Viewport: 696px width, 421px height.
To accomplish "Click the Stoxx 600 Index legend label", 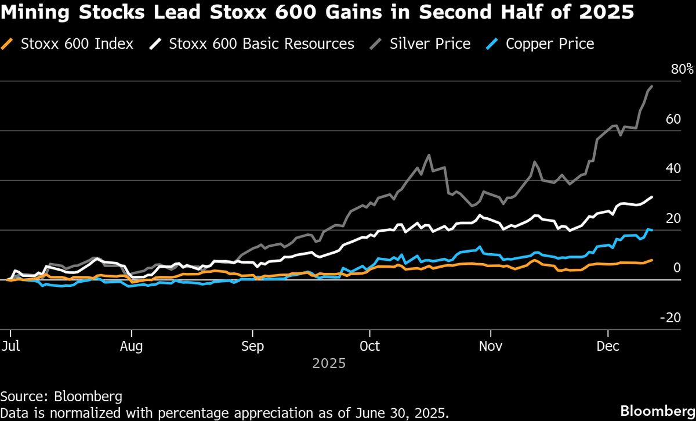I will pyautogui.click(x=77, y=44).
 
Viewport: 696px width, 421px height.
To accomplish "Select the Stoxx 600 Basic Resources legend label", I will pyautogui.click(x=262, y=44).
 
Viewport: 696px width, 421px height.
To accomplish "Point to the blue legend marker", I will pyautogui.click(x=494, y=44).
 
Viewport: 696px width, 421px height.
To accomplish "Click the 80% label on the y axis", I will pyautogui.click(x=682, y=70).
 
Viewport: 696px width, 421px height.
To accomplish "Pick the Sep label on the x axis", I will pyautogui.click(x=252, y=346).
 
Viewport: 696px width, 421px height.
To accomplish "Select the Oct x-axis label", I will pyautogui.click(x=369, y=346).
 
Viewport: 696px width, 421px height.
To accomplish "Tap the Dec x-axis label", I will pyautogui.click(x=608, y=346).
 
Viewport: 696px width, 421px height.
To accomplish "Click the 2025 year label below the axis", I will pyautogui.click(x=329, y=364).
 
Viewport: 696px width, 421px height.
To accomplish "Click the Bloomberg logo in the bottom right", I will pyautogui.click(x=657, y=410).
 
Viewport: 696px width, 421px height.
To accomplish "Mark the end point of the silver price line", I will pyautogui.click(x=652, y=87).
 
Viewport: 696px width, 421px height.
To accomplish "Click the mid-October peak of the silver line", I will pyautogui.click(x=429, y=155).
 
